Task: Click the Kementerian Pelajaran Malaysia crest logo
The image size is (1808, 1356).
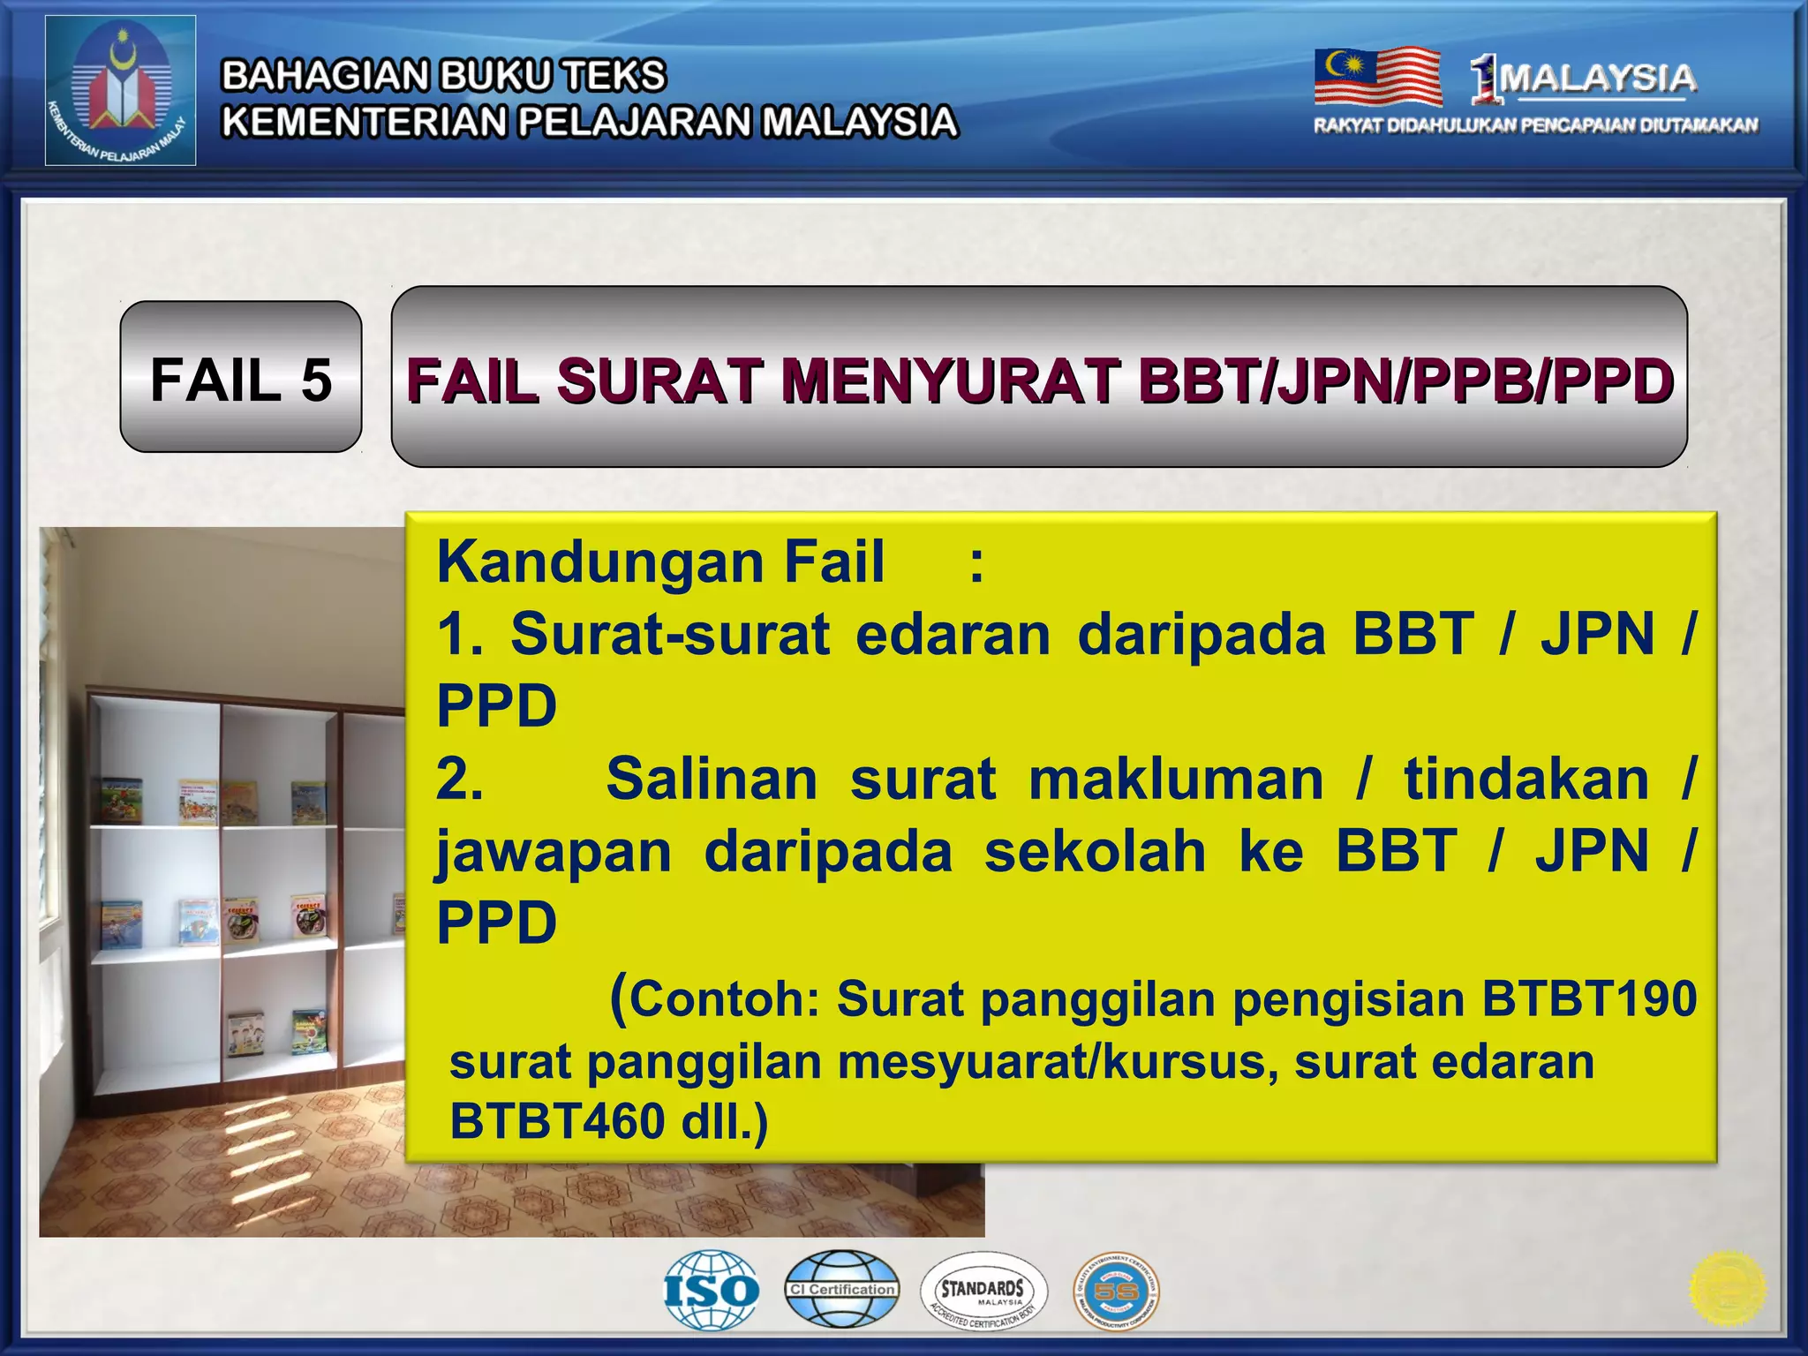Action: [120, 90]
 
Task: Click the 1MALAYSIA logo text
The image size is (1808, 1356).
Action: [1584, 79]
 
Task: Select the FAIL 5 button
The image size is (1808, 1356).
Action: [241, 378]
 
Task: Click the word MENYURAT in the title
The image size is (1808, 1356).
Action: [949, 381]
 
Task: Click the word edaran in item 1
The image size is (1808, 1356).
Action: [953, 634]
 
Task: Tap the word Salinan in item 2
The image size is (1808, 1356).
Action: [712, 780]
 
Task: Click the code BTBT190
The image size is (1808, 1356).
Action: [1589, 998]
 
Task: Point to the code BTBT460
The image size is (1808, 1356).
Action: [557, 1121]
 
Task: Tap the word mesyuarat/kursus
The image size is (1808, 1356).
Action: [1058, 1061]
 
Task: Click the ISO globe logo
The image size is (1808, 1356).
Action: [712, 1290]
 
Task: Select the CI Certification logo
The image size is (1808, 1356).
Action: [842, 1289]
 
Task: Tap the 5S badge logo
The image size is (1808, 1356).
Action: [1116, 1292]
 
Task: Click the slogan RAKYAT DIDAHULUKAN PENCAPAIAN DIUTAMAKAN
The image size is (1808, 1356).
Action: [1536, 125]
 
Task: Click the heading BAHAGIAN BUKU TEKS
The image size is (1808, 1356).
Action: [443, 76]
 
